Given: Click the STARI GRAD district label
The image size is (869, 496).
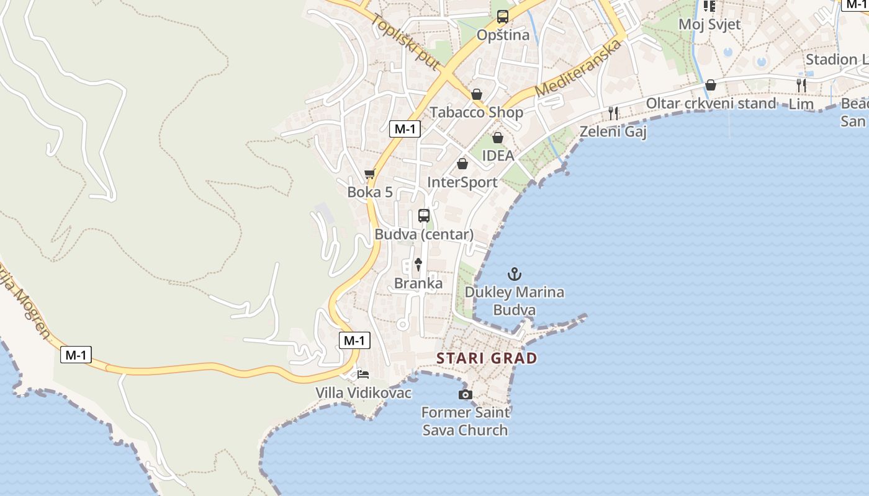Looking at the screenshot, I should [487, 358].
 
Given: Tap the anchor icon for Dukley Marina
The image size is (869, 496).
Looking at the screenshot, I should [515, 273].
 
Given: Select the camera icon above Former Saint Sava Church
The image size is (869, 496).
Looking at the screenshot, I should [465, 394].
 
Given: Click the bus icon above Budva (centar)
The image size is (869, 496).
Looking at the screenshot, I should [424, 216].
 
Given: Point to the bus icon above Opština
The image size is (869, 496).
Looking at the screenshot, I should [503, 17].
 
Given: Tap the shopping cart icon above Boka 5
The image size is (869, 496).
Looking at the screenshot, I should [370, 174].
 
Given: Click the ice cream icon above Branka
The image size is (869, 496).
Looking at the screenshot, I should [418, 265].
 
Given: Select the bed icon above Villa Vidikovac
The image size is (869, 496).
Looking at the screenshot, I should [363, 374].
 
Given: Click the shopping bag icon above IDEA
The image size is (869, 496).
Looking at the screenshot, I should [498, 138].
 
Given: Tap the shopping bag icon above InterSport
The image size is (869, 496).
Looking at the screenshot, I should [462, 164].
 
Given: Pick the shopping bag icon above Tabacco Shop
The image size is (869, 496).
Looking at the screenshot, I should [477, 94].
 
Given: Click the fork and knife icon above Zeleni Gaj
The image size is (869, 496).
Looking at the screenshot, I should [613, 113].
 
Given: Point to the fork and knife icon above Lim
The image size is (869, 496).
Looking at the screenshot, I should [801, 85].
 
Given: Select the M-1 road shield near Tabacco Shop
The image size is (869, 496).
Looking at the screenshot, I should [405, 129].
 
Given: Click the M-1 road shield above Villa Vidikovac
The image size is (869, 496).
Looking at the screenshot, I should [354, 340].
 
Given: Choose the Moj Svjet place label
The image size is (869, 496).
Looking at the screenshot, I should [709, 24].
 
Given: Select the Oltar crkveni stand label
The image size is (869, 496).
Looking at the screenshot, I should [711, 104].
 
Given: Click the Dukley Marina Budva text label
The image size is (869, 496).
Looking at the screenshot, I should [515, 301].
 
